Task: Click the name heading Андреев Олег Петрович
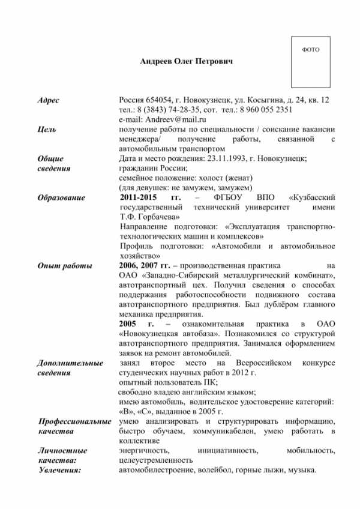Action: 186,61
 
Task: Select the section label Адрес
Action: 48,99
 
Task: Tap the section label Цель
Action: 47,129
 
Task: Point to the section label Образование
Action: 61,197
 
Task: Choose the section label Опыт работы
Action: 64,265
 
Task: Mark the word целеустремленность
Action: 156,460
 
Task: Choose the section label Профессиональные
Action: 74,421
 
